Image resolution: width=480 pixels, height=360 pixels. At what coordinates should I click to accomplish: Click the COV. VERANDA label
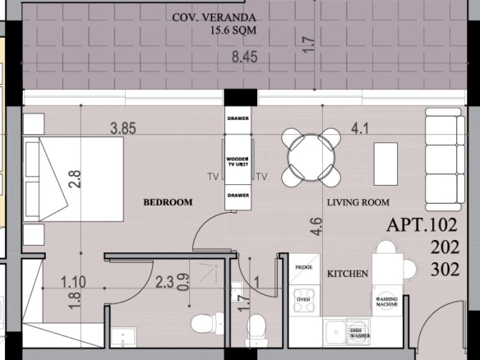214,17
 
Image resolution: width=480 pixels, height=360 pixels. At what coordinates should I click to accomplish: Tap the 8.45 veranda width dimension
245,57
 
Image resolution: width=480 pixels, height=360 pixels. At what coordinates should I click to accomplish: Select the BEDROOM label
168,202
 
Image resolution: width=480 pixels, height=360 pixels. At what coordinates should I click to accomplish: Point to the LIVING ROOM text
358,202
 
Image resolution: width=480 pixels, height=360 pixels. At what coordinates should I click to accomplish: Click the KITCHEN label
348,274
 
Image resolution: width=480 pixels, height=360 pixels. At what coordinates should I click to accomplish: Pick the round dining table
311,157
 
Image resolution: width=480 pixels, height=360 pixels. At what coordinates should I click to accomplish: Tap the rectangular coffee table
385,164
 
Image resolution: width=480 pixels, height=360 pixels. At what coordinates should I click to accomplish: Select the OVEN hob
303,300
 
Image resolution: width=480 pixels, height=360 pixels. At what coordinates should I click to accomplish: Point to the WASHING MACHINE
386,302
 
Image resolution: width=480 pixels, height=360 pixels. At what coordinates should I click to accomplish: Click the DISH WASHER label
360,333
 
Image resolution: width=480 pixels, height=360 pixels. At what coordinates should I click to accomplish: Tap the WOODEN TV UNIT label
238,162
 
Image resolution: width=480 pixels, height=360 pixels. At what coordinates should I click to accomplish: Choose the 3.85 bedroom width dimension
123,128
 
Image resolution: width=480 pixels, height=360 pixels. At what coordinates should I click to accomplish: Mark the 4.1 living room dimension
360,128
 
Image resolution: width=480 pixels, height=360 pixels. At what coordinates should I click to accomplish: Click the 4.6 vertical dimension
316,227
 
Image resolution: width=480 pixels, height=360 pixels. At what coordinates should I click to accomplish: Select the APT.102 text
422,225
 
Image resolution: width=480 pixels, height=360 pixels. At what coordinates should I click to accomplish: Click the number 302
445,270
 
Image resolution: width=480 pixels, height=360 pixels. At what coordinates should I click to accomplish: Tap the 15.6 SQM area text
233,30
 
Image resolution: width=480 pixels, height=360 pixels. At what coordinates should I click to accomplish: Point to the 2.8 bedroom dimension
75,179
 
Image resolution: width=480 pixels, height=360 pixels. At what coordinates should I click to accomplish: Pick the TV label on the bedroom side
213,177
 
